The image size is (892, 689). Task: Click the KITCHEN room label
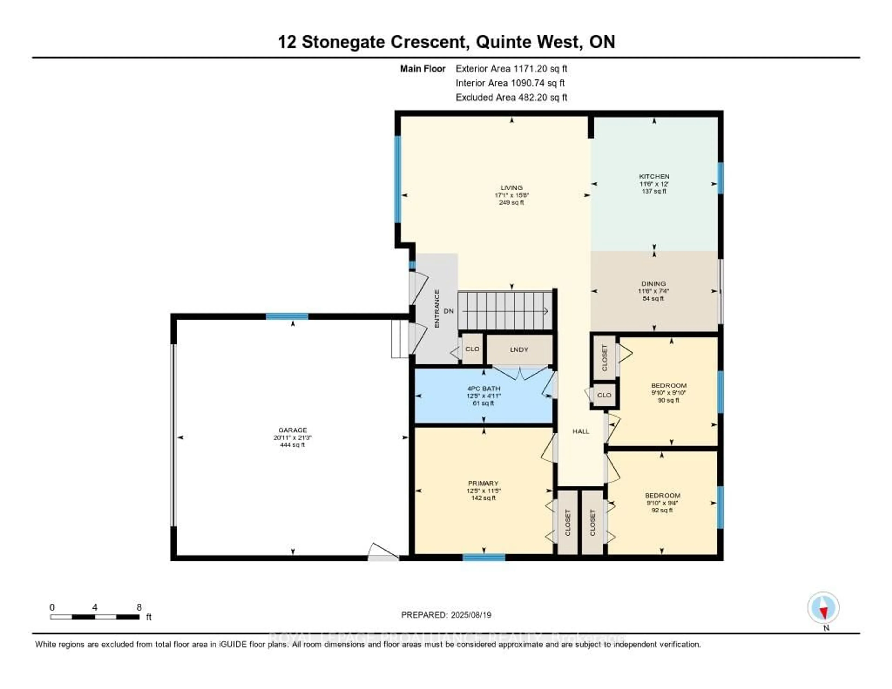[654, 177]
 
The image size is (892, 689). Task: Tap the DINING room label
[653, 283]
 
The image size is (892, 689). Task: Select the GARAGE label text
[292, 430]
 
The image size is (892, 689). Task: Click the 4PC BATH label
[484, 388]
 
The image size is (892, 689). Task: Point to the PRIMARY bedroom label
[483, 483]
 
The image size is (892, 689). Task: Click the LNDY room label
[519, 350]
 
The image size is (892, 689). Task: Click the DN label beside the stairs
[449, 311]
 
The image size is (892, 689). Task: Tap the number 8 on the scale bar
[139, 607]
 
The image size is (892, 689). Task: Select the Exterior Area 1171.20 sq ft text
[511, 69]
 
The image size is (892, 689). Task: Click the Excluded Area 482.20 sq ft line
[511, 97]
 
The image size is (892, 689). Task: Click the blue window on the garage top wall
[287, 316]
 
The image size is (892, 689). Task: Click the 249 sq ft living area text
[511, 203]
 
